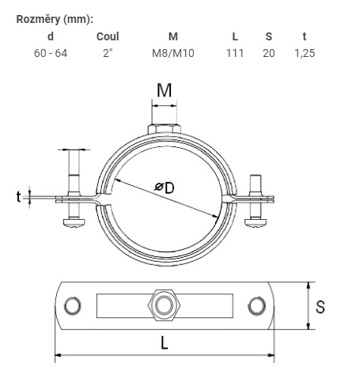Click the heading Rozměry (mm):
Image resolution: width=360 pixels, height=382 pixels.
click(x=55, y=20)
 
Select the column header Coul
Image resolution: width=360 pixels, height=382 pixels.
click(x=108, y=36)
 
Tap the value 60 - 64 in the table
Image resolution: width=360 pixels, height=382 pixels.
click(x=51, y=53)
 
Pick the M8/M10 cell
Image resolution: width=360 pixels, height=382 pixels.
click(x=173, y=53)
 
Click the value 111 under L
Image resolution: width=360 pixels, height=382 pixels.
click(x=235, y=53)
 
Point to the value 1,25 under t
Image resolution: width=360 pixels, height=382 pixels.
click(x=305, y=53)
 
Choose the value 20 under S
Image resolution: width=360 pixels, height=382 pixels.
click(x=269, y=53)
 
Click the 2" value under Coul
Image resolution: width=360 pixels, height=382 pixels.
click(x=108, y=53)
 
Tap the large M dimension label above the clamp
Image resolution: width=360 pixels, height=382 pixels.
click(x=164, y=90)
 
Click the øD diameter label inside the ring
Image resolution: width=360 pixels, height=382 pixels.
click(x=165, y=187)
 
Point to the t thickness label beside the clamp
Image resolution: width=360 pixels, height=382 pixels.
click(x=18, y=197)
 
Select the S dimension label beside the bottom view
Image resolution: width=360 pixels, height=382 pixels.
click(x=320, y=307)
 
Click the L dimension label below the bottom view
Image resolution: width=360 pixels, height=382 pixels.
click(x=164, y=343)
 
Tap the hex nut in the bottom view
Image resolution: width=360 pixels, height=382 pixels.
click(x=164, y=305)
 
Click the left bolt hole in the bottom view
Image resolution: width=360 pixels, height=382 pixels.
click(x=73, y=305)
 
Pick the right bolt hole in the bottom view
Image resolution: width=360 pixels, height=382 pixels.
click(x=256, y=305)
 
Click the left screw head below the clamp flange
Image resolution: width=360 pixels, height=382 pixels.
click(x=74, y=221)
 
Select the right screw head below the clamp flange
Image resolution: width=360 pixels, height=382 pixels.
click(x=256, y=222)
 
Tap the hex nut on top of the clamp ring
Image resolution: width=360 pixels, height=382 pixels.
click(x=164, y=129)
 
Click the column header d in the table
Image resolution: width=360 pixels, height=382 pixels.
click(x=51, y=36)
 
